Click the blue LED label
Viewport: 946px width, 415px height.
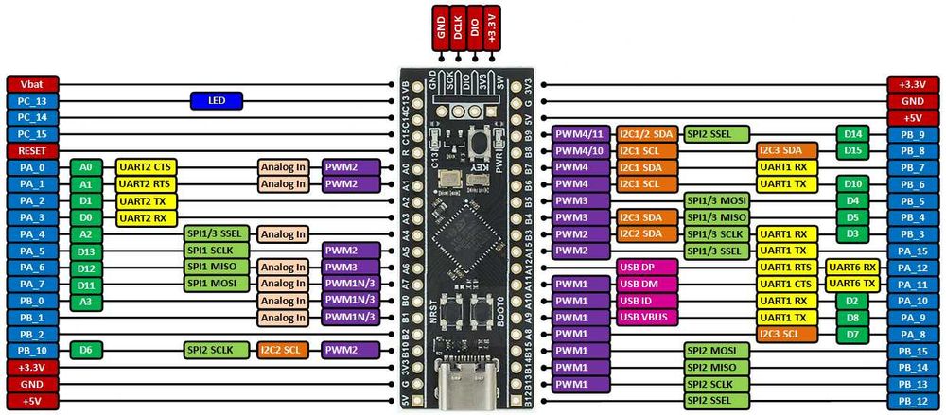[217, 100]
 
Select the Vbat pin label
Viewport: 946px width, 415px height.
[32, 83]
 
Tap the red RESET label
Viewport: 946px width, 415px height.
[32, 150]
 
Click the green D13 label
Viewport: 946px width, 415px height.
[86, 251]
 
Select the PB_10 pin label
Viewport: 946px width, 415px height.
[32, 350]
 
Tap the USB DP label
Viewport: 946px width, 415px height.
[648, 267]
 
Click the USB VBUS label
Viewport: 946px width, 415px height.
[648, 317]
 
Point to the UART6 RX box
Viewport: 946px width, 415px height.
[852, 267]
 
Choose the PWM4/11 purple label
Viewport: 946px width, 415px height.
[581, 134]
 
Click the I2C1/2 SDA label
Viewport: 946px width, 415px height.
[648, 134]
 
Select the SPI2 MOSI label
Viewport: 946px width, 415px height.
[717, 350]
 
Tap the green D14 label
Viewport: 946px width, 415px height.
[852, 134]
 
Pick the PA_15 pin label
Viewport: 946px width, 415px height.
[913, 251]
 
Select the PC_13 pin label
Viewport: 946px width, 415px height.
[32, 100]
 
